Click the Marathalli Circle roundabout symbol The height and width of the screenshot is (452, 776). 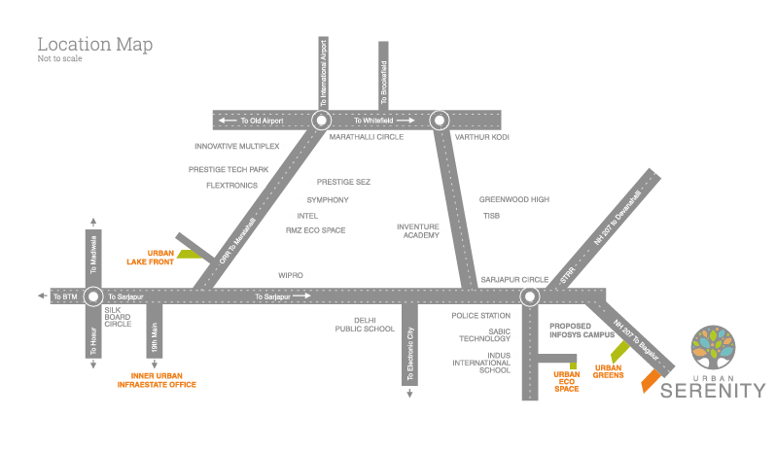[x=321, y=121]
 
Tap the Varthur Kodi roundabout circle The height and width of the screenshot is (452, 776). [x=439, y=121]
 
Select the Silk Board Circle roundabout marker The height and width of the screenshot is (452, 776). [x=93, y=296]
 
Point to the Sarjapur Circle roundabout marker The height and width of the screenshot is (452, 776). [x=530, y=296]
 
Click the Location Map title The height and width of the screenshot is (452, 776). [x=95, y=44]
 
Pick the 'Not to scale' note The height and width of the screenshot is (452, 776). [x=60, y=58]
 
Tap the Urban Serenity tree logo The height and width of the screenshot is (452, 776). [x=713, y=347]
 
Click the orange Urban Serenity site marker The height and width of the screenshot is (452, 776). [x=651, y=381]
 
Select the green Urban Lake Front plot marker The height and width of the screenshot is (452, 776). [x=190, y=254]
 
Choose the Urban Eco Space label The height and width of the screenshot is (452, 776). [x=567, y=382]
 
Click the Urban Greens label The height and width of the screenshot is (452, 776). [x=608, y=371]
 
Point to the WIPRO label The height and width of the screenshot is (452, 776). [x=291, y=275]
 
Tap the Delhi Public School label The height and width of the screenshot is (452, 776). [x=365, y=325]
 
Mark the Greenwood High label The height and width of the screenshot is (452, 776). [x=514, y=199]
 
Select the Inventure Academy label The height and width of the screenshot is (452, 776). [x=418, y=231]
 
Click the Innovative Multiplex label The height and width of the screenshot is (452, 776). [x=237, y=147]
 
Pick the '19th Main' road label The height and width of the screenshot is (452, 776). [x=155, y=337]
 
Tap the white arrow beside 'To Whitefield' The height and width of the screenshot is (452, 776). [x=405, y=121]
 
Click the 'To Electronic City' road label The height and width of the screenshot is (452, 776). [x=409, y=354]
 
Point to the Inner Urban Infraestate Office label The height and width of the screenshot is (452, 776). [x=157, y=380]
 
